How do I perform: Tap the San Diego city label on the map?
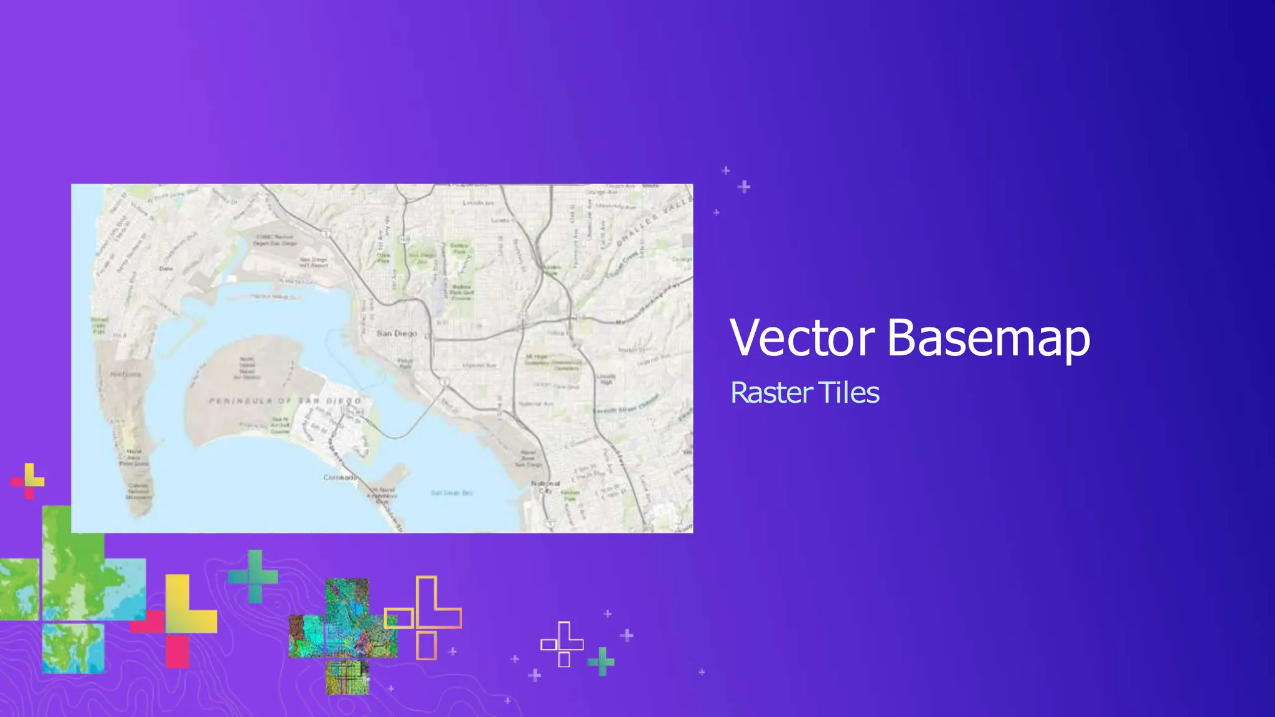tap(397, 334)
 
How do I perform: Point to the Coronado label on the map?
tap(340, 477)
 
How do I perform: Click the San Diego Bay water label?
tap(452, 493)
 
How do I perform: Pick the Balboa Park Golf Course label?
tap(461, 292)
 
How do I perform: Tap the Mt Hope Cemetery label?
tap(537, 359)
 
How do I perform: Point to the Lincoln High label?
tap(606, 379)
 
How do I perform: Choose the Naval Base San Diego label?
tap(528, 458)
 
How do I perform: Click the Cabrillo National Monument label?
tap(138, 492)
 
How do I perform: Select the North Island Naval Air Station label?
tap(247, 368)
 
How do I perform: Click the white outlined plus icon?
tap(563, 644)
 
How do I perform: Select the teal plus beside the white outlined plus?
tap(601, 661)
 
